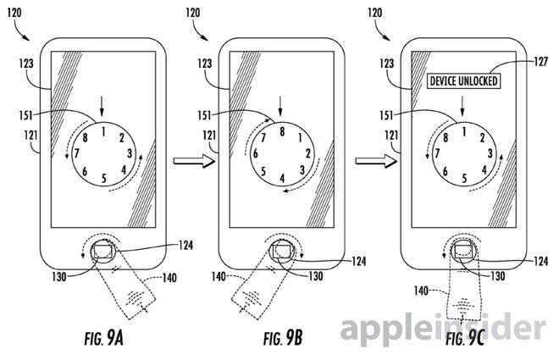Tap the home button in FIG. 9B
tap(281, 251)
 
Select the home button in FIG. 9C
tap(463, 251)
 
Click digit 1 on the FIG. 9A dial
tap(102, 131)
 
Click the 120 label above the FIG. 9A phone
tap(26, 15)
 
